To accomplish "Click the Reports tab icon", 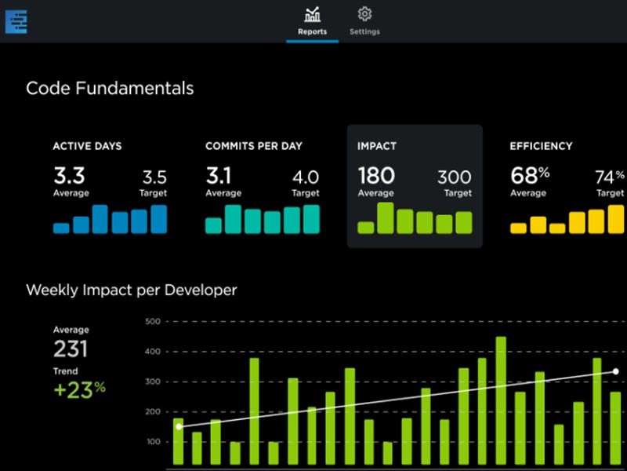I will click(x=312, y=14).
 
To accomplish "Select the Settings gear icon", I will click(x=364, y=14).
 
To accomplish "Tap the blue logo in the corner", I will click(x=16, y=20).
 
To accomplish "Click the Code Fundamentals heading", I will click(x=110, y=89).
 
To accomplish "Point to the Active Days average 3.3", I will click(x=69, y=174).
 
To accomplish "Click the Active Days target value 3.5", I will click(x=154, y=177).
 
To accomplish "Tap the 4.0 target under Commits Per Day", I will click(x=306, y=177).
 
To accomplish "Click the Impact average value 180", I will click(x=376, y=174).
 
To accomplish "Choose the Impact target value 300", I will click(x=455, y=177).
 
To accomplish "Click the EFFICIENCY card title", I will click(x=541, y=146).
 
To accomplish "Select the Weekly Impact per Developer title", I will click(x=131, y=290).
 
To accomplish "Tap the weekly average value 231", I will click(x=71, y=350).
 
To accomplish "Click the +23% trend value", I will click(x=79, y=389).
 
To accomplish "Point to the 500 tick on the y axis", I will click(x=152, y=322).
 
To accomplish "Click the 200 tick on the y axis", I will click(x=152, y=412).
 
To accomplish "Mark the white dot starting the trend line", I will click(x=179, y=426).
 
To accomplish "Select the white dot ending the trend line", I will click(x=616, y=371).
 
